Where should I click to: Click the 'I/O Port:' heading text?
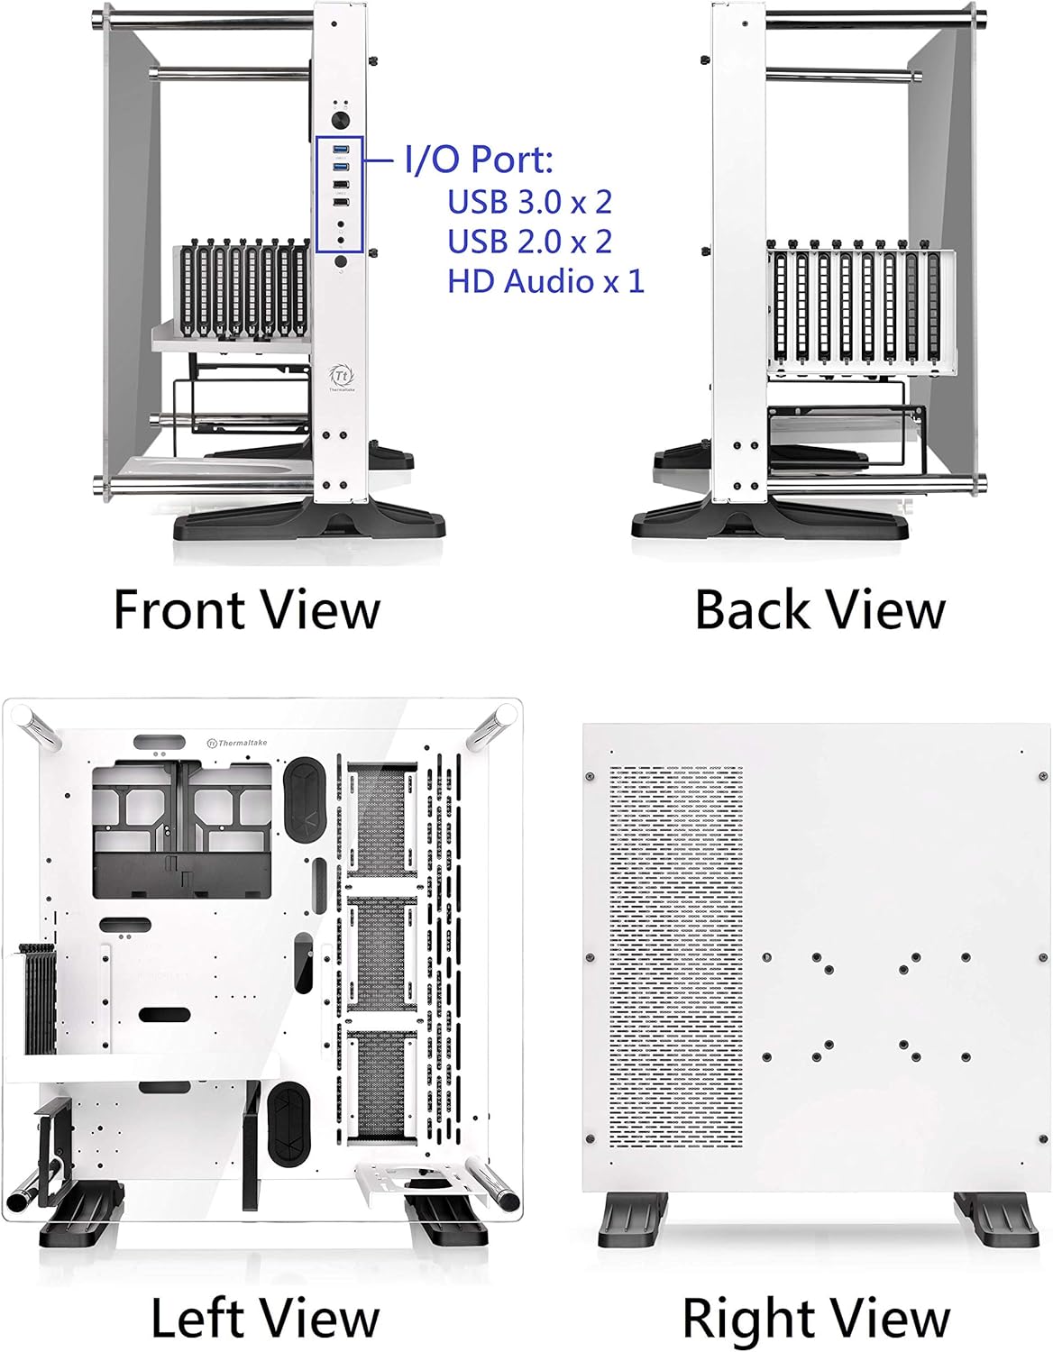478,160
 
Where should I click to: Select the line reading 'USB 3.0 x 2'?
529,202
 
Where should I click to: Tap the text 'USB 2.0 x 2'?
529,242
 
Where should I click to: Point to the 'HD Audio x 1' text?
546,281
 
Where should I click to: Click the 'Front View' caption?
246,610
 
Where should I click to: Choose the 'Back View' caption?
820,610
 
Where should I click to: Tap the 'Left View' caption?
264,1318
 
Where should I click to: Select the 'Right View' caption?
816,1318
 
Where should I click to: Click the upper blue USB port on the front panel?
340,149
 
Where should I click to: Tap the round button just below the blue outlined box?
340,261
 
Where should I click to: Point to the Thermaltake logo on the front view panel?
340,376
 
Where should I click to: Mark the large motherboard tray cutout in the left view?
181,829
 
